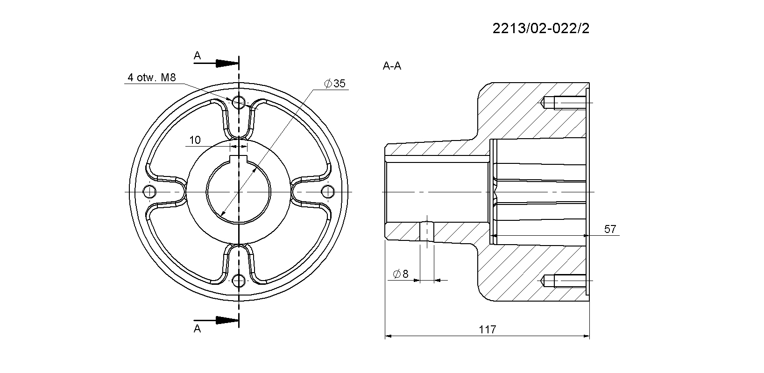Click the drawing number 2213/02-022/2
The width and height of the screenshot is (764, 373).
coord(541,28)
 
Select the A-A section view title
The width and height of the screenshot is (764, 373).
coord(392,66)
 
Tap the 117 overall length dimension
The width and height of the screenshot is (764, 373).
coord(488,330)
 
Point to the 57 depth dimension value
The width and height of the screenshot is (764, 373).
coord(610,229)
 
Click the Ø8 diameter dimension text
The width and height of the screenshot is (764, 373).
coord(400,274)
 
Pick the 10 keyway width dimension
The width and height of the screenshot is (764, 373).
coord(195,140)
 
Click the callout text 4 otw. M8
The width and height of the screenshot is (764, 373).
coord(152,78)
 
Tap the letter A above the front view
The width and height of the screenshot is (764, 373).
coord(197,56)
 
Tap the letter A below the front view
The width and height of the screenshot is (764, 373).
coord(197,329)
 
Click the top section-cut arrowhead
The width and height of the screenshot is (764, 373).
coord(227,63)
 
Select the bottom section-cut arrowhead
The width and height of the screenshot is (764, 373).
coord(227,321)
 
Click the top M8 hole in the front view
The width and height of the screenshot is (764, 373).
coord(239,102)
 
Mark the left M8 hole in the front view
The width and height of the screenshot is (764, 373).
coord(149,192)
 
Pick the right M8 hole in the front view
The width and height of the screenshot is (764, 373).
coord(328,192)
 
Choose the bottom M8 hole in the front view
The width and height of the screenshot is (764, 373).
coord(239,282)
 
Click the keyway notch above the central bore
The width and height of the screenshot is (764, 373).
coord(239,159)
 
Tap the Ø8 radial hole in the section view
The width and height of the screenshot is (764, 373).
coord(427,232)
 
